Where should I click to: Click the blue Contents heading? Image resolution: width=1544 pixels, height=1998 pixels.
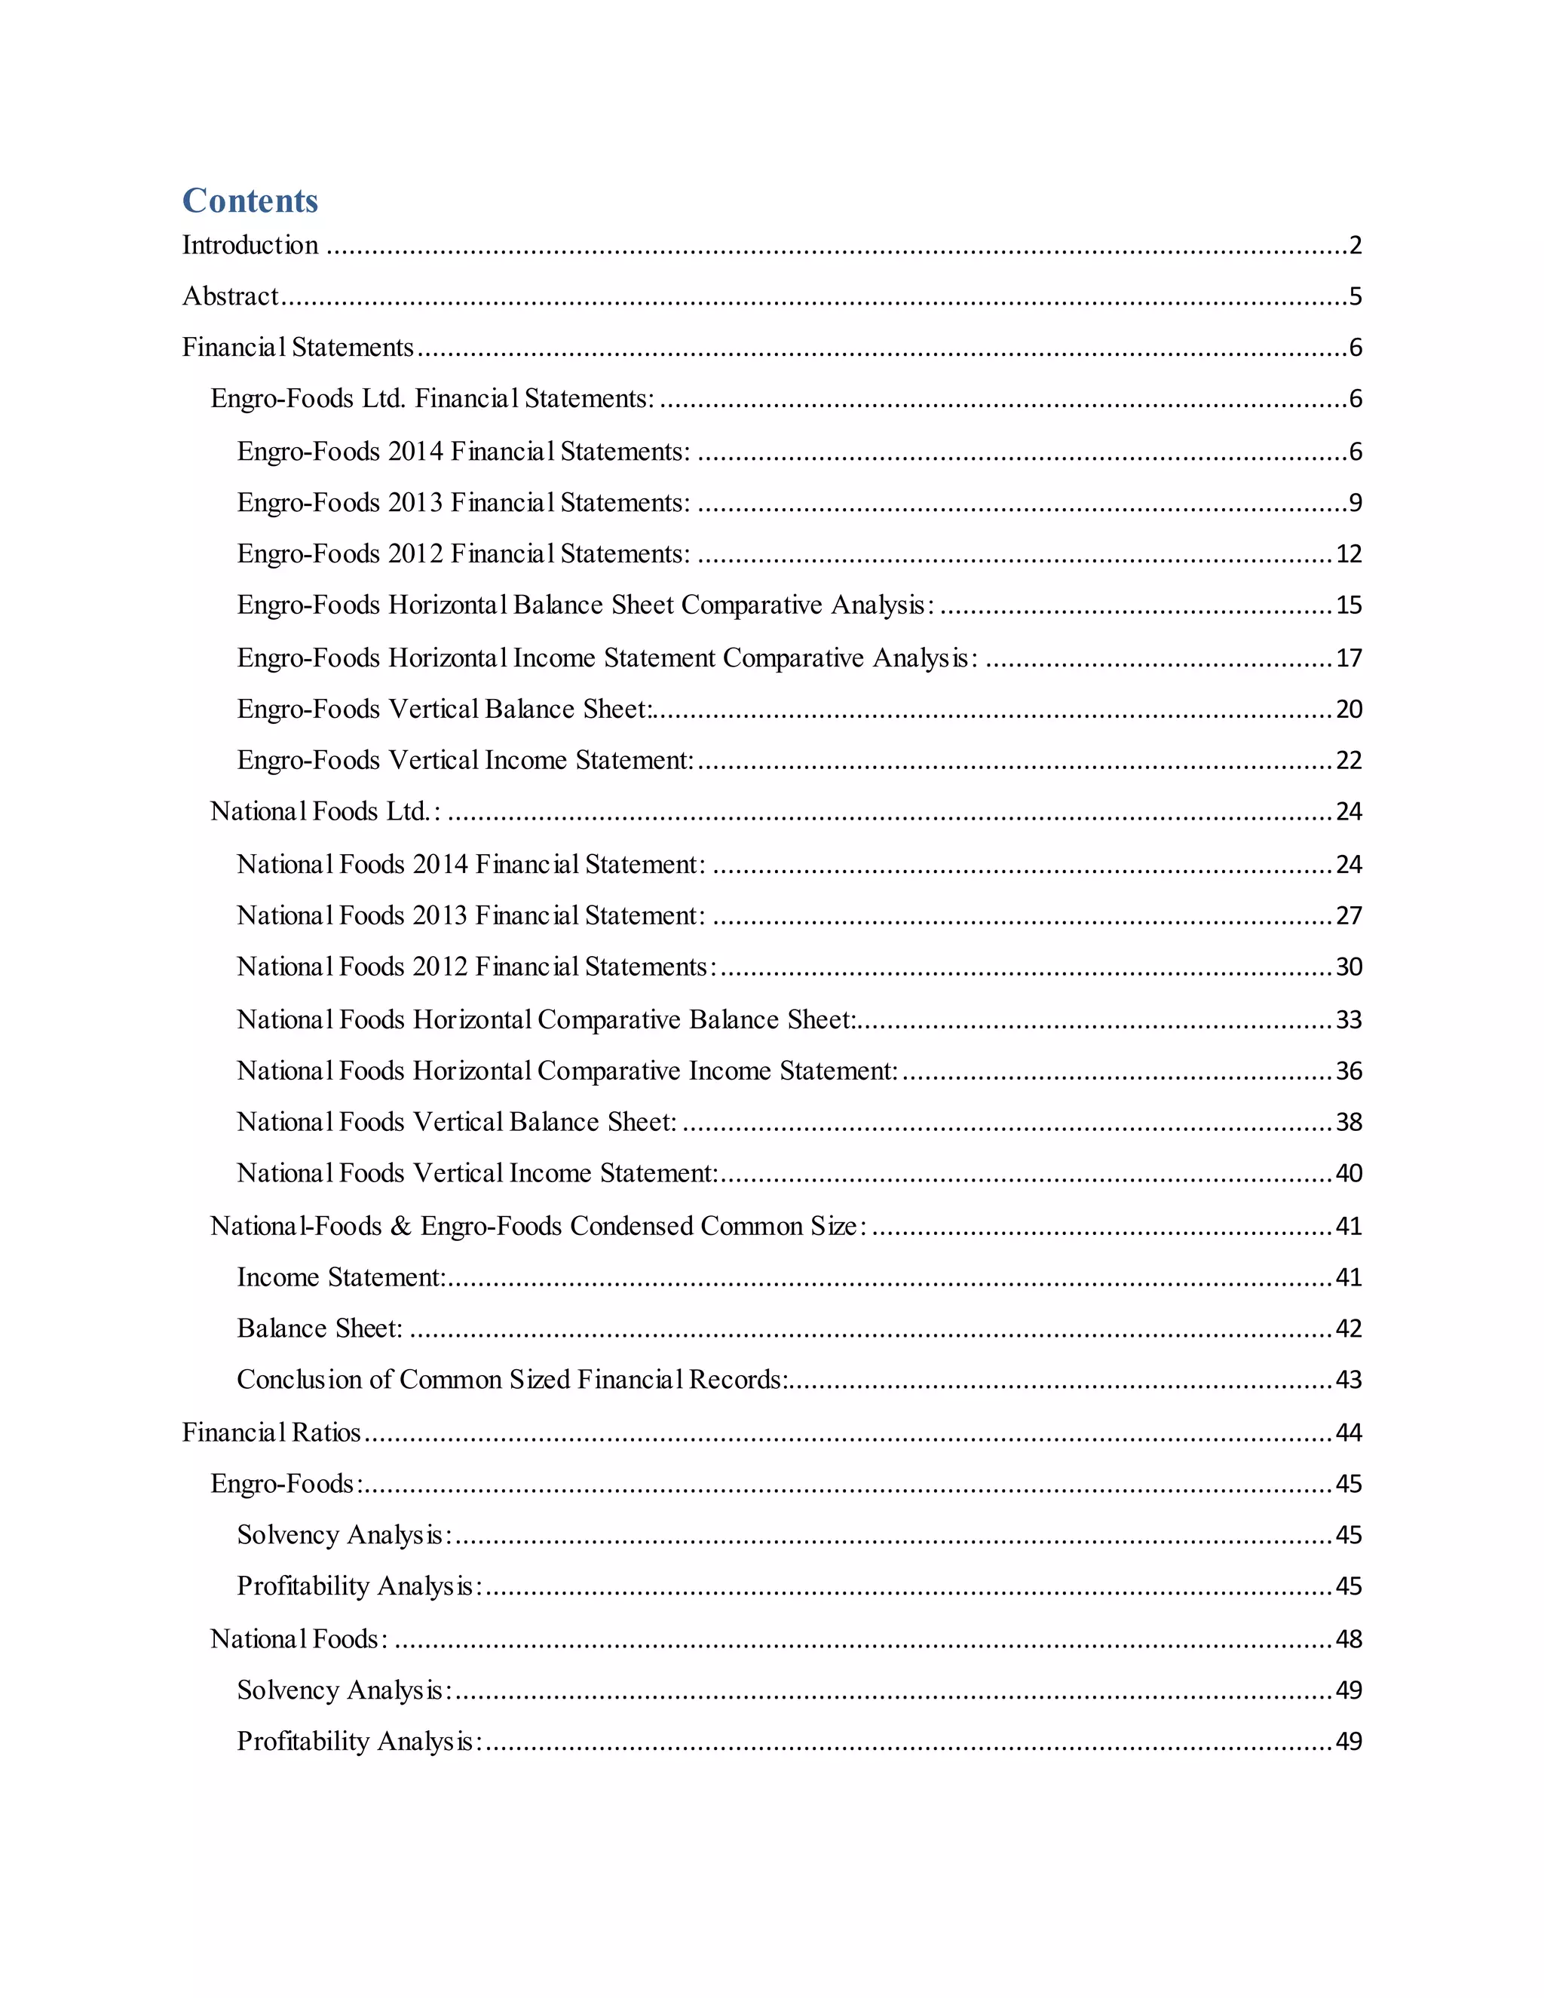pyautogui.click(x=250, y=201)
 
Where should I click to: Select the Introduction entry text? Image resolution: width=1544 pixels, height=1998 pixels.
pyautogui.click(x=250, y=245)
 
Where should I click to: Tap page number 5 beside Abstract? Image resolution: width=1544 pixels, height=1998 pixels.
pyautogui.click(x=1355, y=296)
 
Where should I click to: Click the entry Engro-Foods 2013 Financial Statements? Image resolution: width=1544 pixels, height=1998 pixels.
pyautogui.click(x=463, y=503)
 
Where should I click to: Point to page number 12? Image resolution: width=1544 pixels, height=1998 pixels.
pyautogui.click(x=1348, y=554)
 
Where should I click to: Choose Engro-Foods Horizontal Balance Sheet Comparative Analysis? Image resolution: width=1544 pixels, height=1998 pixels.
pyautogui.click(x=585, y=605)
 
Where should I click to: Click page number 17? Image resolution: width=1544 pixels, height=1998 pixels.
pyautogui.click(x=1348, y=659)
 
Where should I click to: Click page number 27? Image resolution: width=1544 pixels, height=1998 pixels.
pyautogui.click(x=1348, y=917)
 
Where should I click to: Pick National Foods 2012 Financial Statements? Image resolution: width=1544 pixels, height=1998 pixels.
pyautogui.click(x=476, y=968)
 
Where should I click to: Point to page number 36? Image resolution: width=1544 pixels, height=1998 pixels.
pyautogui.click(x=1348, y=1071)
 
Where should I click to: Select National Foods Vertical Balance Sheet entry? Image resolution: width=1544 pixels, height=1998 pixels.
pyautogui.click(x=456, y=1123)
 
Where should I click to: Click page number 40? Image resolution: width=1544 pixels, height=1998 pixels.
pyautogui.click(x=1348, y=1174)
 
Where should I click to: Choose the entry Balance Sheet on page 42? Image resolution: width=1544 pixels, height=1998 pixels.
pyautogui.click(x=319, y=1329)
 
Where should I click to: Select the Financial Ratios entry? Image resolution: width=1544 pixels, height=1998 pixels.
pyautogui.click(x=271, y=1433)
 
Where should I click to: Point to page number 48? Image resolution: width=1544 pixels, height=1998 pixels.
pyautogui.click(x=1348, y=1639)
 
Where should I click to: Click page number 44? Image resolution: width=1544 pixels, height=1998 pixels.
pyautogui.click(x=1348, y=1433)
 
